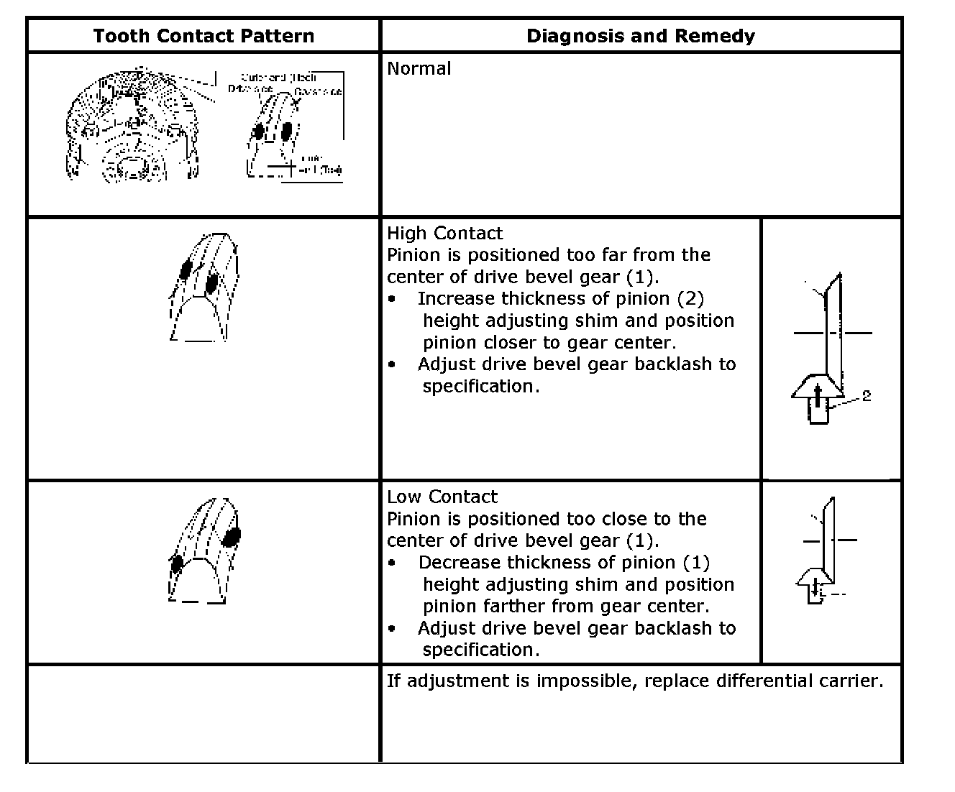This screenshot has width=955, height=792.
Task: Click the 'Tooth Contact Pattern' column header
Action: tap(204, 36)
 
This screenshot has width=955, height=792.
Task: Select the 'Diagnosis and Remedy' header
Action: tap(641, 36)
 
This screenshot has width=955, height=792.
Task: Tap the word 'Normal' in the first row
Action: tap(419, 69)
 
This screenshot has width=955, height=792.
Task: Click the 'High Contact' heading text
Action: tap(444, 233)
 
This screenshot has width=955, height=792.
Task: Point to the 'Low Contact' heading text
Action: tap(442, 497)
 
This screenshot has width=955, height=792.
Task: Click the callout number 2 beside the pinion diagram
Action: tap(867, 395)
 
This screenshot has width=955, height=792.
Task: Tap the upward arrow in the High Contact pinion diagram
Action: tap(818, 393)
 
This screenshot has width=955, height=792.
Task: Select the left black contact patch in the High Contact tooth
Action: tap(186, 270)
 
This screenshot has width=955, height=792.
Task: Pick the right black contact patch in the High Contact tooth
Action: tap(211, 283)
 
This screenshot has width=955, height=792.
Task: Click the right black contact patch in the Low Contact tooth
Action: tap(232, 536)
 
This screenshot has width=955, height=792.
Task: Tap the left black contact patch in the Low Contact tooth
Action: tap(175, 563)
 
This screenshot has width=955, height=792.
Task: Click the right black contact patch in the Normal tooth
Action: tap(286, 131)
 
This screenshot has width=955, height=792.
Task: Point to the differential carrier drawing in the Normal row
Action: tap(131, 126)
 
